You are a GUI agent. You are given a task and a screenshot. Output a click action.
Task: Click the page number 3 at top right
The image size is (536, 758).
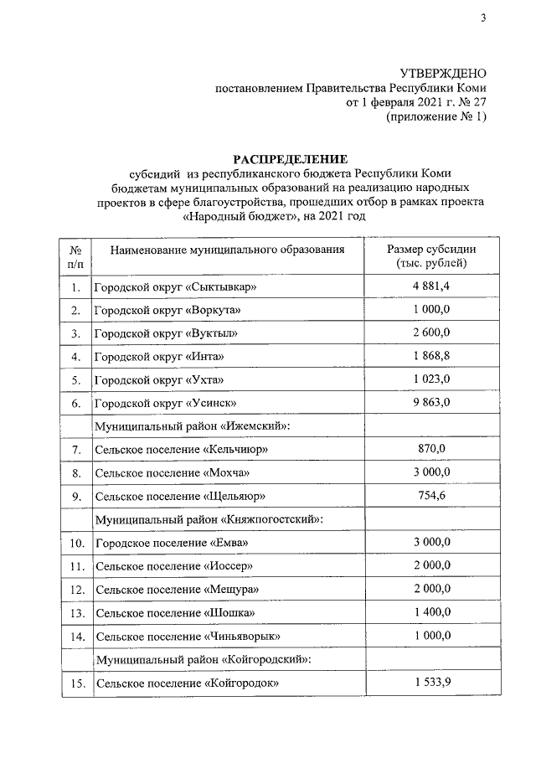point(483,18)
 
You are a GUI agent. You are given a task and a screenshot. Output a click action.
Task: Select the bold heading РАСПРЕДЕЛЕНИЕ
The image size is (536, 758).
point(290,159)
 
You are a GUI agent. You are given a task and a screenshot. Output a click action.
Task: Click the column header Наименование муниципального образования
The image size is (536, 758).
point(226,250)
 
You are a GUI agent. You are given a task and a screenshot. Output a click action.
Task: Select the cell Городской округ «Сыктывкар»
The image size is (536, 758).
point(175,288)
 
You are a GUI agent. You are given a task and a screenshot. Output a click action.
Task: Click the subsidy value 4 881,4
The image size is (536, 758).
point(431,287)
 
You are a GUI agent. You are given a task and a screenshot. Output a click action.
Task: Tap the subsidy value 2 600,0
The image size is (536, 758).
point(431,333)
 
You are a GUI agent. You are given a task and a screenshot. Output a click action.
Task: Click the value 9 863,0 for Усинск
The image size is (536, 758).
point(431,402)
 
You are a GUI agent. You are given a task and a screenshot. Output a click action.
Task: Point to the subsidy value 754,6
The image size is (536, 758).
point(431,496)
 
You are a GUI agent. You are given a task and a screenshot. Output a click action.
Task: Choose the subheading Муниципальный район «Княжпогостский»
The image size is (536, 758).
point(210,519)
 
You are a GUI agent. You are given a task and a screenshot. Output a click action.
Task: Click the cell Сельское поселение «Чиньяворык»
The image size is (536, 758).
point(181,637)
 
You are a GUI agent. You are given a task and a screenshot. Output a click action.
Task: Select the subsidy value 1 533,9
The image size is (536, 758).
point(431,683)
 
